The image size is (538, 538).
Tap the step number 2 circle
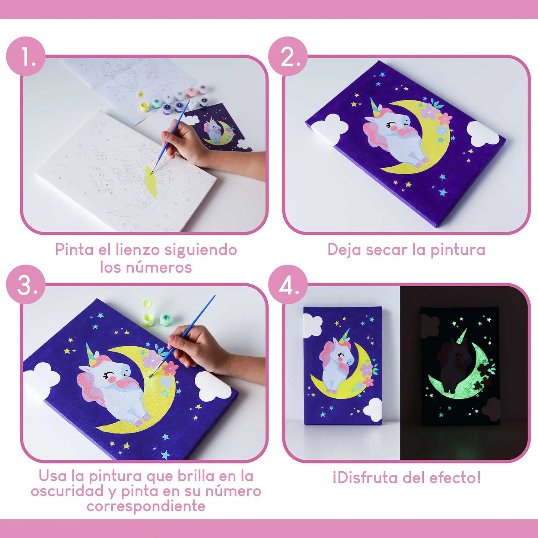click(288, 56)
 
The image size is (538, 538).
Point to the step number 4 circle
click(288, 285)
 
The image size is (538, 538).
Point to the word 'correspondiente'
click(146, 506)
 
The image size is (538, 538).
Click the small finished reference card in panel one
click(218, 128)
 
